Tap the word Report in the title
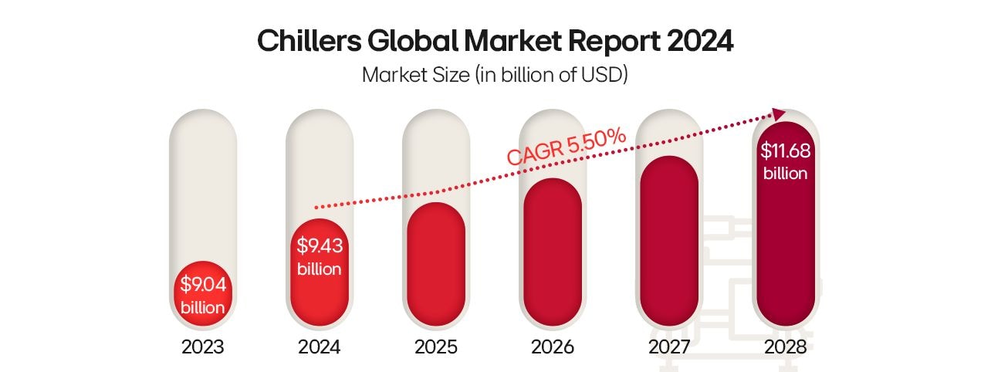click(607, 42)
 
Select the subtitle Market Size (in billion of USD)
click(495, 76)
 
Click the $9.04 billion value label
click(203, 296)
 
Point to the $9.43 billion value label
click(320, 258)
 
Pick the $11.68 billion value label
click(785, 162)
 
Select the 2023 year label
click(203, 347)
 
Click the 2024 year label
click(320, 347)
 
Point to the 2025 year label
click(436, 347)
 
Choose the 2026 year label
click(553, 347)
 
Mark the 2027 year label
click(669, 347)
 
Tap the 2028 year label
click(785, 347)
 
